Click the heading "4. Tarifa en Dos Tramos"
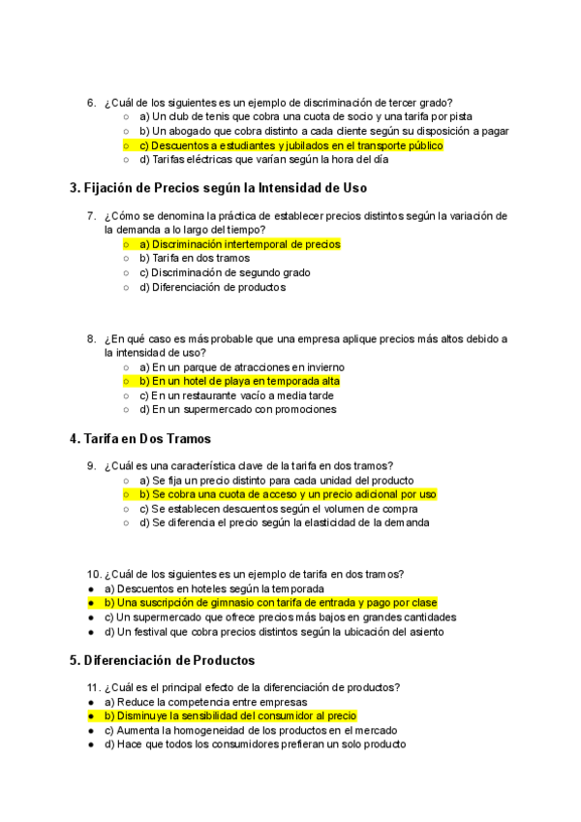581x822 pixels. tap(139, 439)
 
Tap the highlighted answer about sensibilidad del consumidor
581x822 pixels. tap(230, 715)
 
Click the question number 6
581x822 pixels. tap(91, 103)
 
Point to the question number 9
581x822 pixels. tap(91, 466)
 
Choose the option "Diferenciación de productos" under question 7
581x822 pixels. tap(212, 287)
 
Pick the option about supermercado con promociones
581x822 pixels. tap(237, 409)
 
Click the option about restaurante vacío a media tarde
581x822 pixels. tap(236, 395)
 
